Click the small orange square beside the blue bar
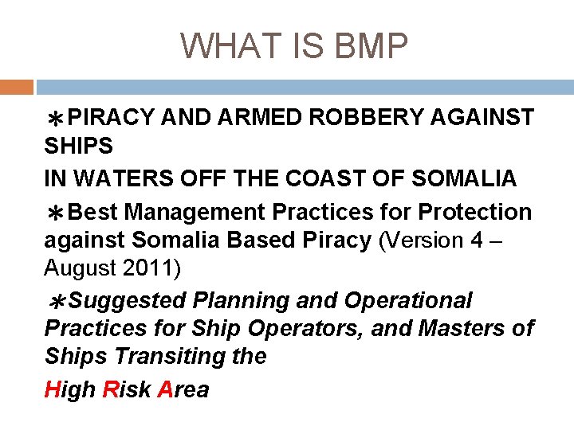tap(16, 87)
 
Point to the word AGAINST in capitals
tap(482, 118)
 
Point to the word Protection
tap(475, 213)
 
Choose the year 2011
tap(147, 268)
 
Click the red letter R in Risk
tap(112, 389)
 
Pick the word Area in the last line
tap(183, 389)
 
